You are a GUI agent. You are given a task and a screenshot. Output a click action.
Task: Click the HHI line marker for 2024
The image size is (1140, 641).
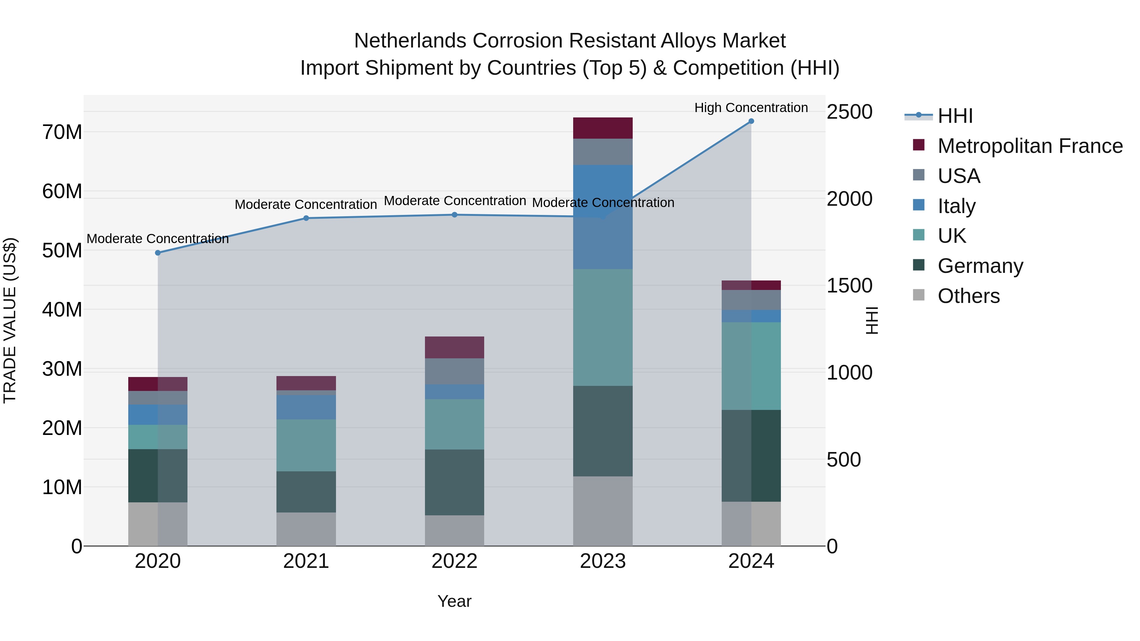751,121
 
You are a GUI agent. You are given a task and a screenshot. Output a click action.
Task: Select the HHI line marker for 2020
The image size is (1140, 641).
158,253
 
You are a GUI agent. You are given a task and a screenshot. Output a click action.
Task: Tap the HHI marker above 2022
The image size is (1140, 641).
454,215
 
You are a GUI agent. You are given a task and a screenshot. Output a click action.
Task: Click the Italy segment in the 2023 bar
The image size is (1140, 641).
603,217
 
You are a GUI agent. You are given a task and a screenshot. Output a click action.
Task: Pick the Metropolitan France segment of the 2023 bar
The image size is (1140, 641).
603,128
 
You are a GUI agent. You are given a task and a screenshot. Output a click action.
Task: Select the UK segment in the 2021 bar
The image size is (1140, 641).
306,445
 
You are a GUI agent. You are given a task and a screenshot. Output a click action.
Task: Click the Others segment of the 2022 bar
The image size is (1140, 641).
454,531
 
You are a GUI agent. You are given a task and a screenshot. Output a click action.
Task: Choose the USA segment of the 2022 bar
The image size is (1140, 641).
454,371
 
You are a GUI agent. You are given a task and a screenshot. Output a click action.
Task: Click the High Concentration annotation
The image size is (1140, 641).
751,108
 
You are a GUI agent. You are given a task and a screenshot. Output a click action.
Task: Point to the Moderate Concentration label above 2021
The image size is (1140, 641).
306,204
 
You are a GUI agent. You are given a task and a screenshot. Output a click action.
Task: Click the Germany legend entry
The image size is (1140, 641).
980,266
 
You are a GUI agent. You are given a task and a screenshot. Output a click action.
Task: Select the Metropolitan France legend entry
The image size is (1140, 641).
1030,146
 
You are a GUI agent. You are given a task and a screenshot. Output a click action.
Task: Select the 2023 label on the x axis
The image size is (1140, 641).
603,561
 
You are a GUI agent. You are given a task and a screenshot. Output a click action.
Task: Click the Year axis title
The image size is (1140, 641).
454,601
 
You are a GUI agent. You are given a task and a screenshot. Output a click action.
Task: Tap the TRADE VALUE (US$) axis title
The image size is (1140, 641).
10,320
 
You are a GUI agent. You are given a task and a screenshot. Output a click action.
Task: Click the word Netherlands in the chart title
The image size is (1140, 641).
410,41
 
